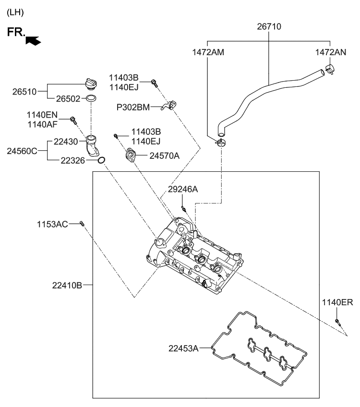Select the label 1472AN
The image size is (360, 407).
pyautogui.click(x=330, y=52)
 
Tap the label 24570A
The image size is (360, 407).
pyautogui.click(x=164, y=155)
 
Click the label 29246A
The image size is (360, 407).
pyautogui.click(x=182, y=190)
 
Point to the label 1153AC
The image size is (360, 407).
pyautogui.click(x=52, y=224)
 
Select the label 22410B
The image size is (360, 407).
pyautogui.click(x=67, y=285)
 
